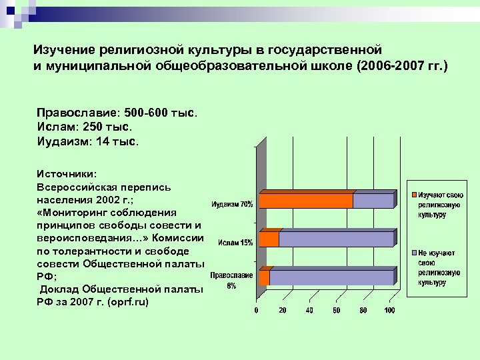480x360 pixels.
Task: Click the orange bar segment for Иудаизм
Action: point(305,201)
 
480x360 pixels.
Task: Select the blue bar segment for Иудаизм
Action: point(373,201)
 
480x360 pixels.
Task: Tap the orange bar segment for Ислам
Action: point(269,239)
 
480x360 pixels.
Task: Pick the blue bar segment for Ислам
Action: point(336,239)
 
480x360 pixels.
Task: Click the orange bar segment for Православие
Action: point(264,277)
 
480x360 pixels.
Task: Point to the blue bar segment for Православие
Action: point(331,277)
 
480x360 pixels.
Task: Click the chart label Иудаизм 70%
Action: point(232,204)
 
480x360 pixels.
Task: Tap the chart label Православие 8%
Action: point(231,280)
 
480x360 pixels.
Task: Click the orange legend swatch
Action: point(414,194)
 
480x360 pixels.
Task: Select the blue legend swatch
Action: point(414,253)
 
